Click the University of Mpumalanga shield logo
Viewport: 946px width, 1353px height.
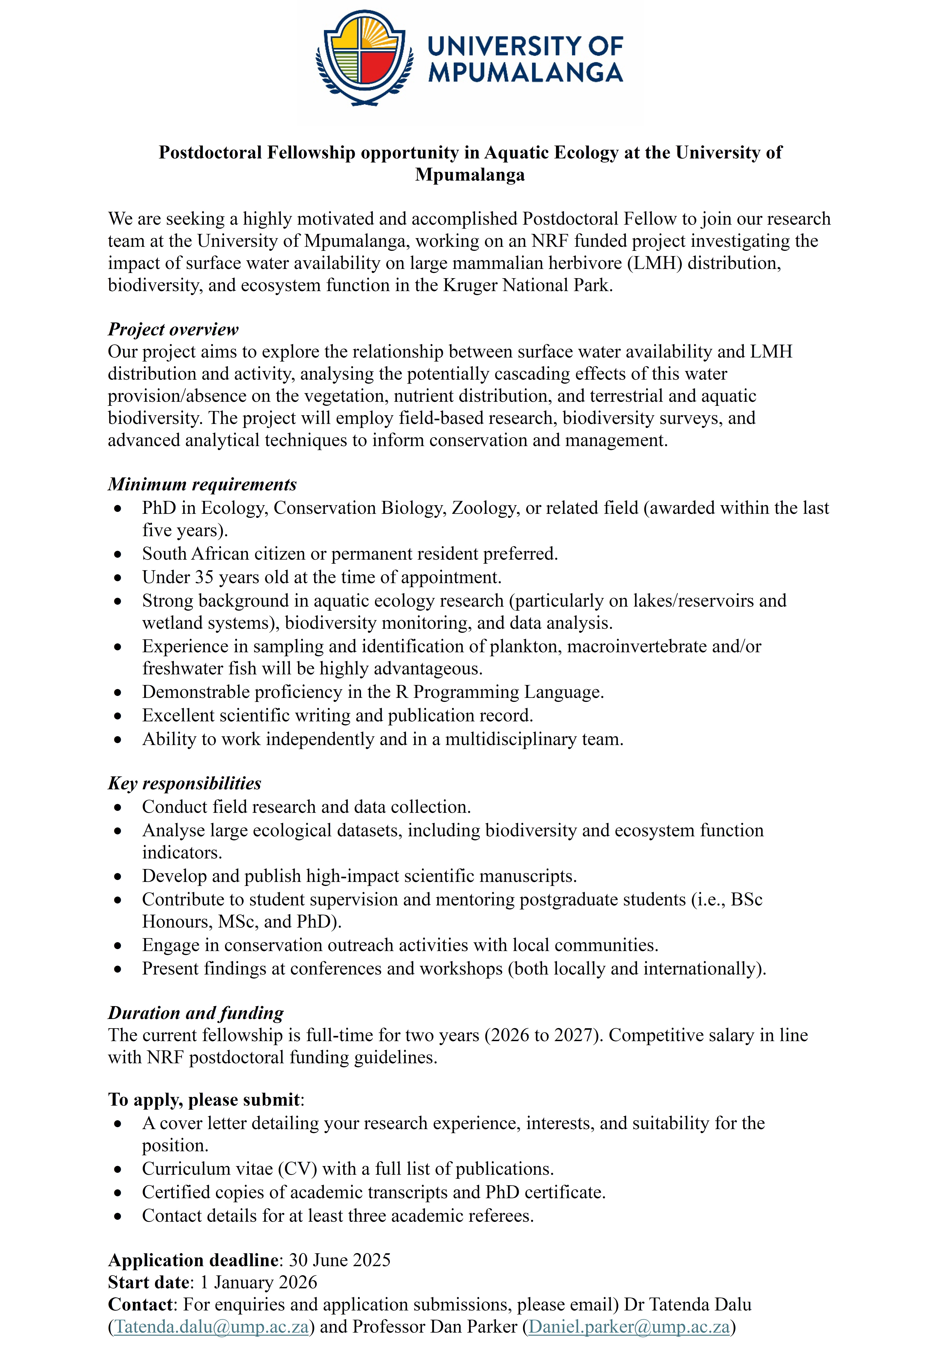click(361, 58)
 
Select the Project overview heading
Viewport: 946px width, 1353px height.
click(173, 329)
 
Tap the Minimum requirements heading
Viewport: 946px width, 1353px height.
click(202, 484)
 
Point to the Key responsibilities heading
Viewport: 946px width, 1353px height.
click(184, 783)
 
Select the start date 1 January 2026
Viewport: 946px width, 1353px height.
click(258, 1282)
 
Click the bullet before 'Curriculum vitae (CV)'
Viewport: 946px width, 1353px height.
click(118, 1169)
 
